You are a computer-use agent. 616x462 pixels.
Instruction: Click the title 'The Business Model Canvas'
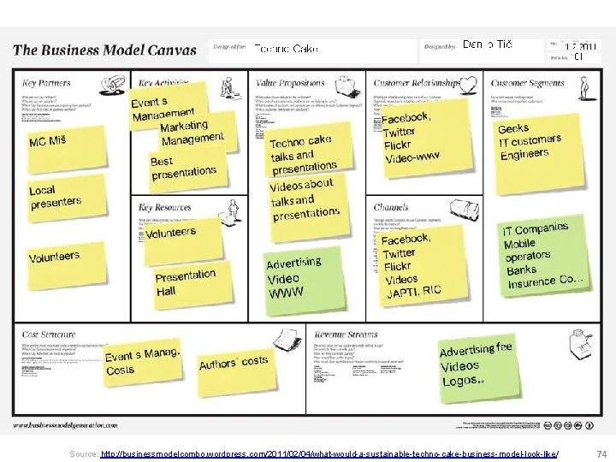[104, 49]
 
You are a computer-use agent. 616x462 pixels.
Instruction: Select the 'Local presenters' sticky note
[56, 197]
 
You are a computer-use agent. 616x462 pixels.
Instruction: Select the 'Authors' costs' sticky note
[234, 363]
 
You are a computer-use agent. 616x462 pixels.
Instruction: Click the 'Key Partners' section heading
[46, 83]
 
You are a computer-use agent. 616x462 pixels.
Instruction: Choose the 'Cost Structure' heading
[49, 335]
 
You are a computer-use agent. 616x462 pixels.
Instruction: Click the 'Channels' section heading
[392, 207]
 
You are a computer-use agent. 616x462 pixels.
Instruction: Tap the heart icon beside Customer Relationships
[468, 84]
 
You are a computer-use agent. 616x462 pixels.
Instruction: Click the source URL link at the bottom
[329, 452]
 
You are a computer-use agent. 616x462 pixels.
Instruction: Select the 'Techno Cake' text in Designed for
[287, 49]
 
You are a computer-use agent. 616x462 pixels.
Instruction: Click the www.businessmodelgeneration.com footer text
[65, 425]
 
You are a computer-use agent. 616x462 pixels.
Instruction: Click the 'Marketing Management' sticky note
[193, 132]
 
